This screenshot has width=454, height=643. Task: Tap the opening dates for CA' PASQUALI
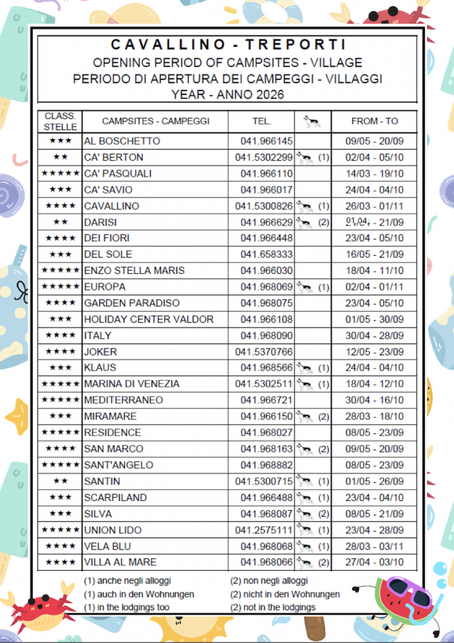[x=374, y=174]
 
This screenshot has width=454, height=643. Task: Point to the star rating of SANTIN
[x=60, y=482]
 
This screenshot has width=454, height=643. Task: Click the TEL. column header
[x=262, y=121]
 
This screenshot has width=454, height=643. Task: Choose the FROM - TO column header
[x=374, y=121]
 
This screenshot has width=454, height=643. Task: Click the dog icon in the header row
[x=312, y=121]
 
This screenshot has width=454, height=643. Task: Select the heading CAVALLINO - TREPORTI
[x=228, y=45]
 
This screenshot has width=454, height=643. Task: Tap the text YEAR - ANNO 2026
[x=227, y=95]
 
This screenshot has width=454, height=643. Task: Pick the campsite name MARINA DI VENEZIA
[x=132, y=384]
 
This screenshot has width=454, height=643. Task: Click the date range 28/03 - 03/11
[x=374, y=546]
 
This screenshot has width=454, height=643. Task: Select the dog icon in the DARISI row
[x=305, y=222]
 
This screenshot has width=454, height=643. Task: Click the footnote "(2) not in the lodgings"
[x=273, y=607]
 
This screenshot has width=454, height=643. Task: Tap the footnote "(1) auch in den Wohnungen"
[x=139, y=594]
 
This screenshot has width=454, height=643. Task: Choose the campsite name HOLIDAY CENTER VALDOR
[x=149, y=319]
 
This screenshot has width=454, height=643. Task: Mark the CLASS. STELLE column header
[x=60, y=121]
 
